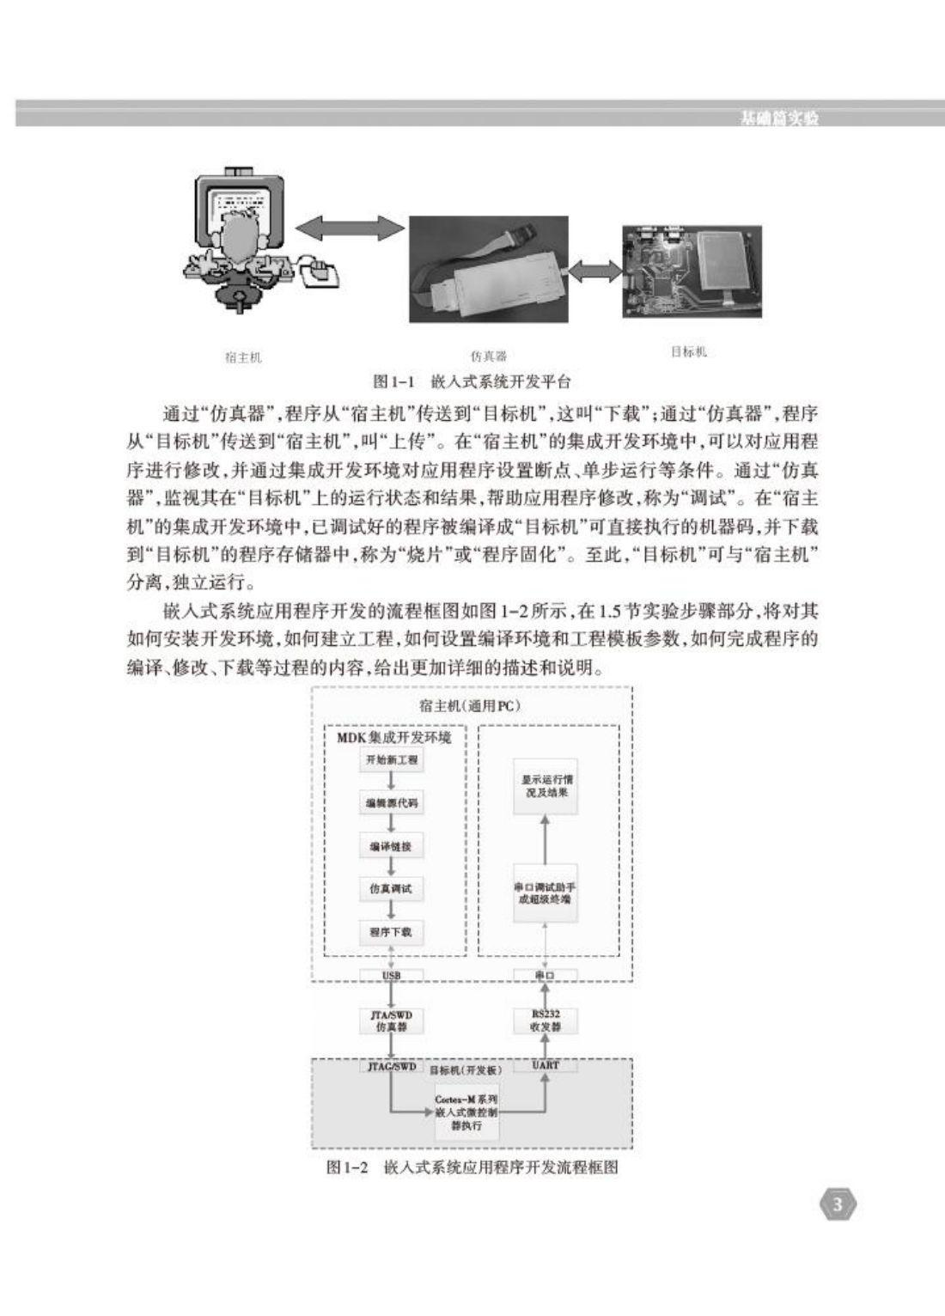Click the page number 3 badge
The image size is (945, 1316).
838,1205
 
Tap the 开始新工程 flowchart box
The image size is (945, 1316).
391,760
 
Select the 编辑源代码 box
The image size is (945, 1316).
391,803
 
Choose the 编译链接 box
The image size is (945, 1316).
391,846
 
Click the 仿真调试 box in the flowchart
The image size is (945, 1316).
391,889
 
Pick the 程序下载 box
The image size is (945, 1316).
391,932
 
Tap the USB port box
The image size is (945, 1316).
391,976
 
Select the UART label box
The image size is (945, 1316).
546,1065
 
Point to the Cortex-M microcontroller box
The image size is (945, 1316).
466,1112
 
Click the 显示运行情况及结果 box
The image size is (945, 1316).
546,785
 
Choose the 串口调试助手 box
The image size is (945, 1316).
546,893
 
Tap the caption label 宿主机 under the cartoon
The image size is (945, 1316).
243,357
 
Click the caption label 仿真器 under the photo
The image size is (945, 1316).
489,356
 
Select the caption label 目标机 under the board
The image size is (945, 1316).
688,352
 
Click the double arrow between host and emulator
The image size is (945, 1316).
349,228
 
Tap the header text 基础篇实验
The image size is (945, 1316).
779,119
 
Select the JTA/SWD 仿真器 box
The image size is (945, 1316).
391,1021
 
